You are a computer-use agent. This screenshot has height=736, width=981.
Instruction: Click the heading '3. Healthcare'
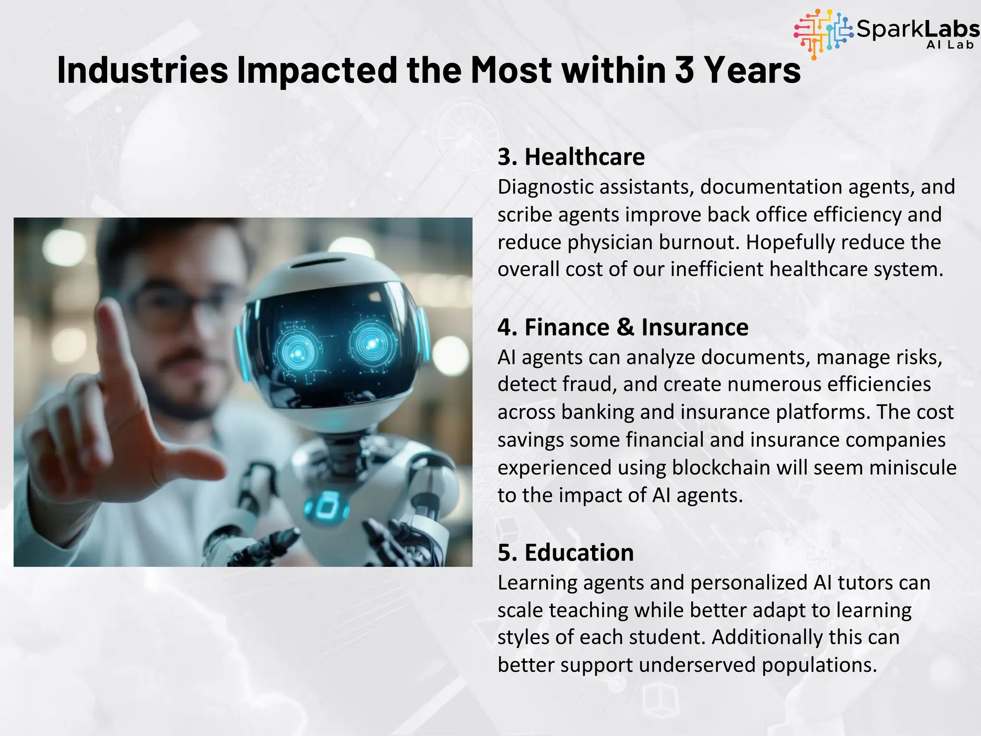[571, 157]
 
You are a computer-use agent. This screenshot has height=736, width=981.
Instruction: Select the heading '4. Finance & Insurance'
[623, 328]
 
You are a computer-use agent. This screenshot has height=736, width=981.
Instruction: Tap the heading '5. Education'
[566, 553]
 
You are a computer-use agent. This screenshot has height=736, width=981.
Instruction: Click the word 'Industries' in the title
[142, 70]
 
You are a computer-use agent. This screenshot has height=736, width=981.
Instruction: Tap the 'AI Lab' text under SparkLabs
[950, 45]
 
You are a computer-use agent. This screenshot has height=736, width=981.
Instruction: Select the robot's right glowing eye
[372, 343]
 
